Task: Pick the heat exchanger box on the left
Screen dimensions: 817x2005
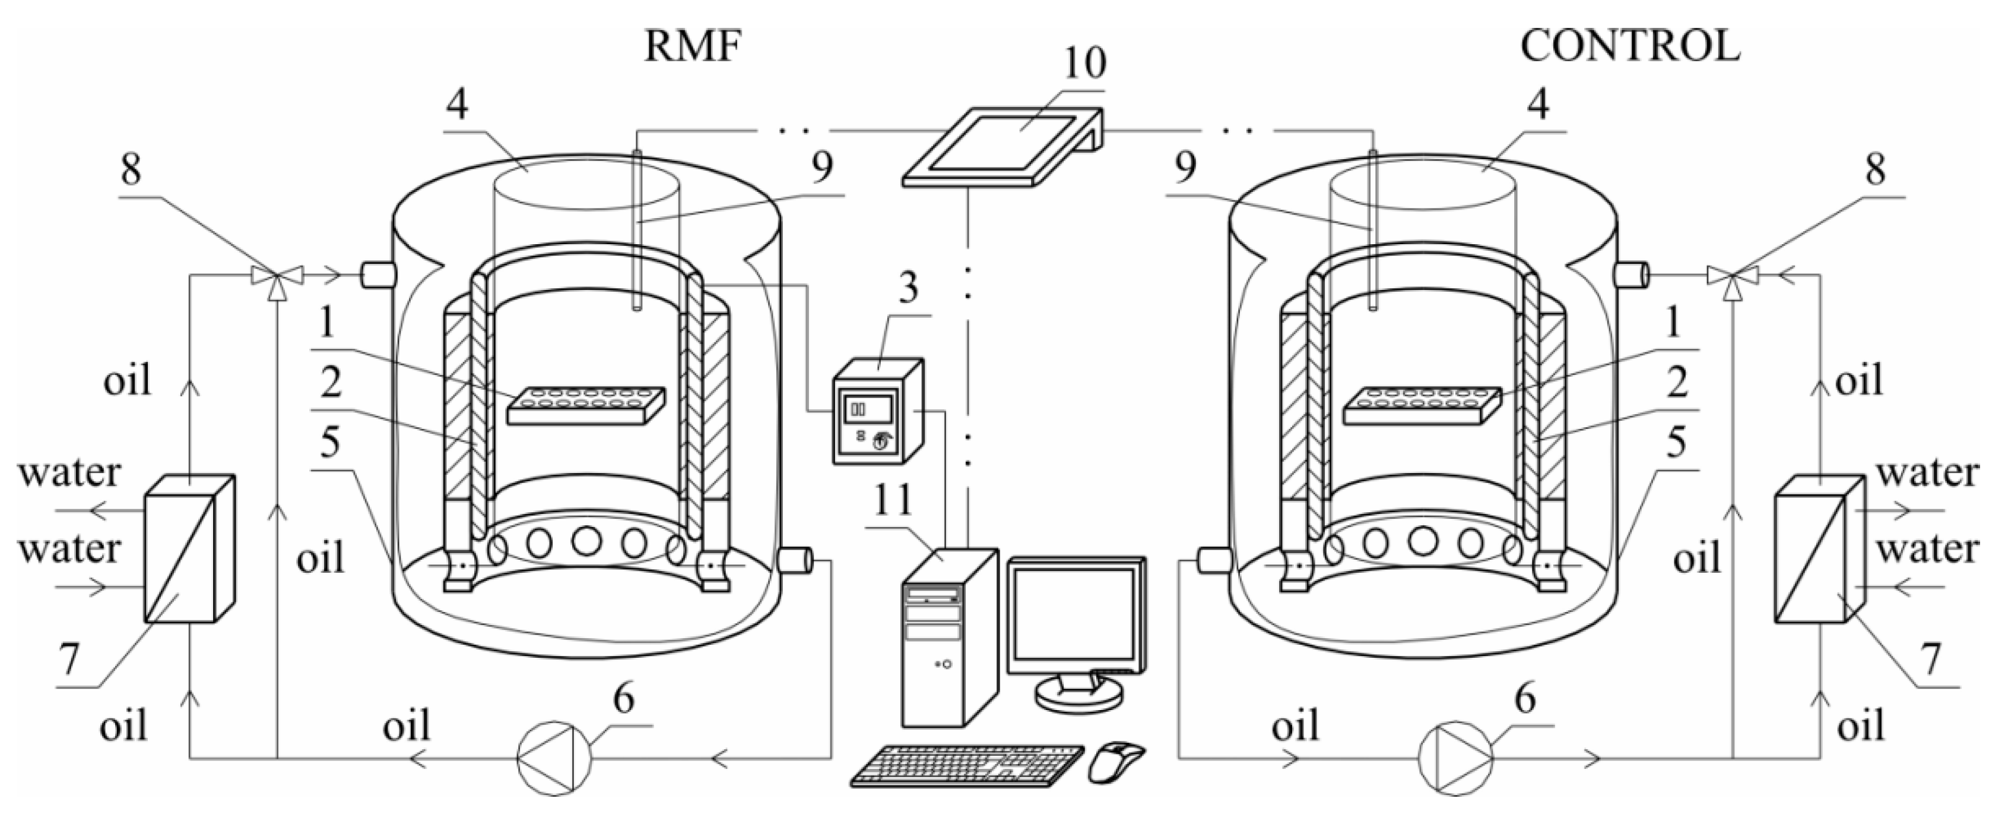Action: tap(189, 548)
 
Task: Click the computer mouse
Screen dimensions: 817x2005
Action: tap(1116, 761)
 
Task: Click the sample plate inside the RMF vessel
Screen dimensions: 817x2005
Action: tap(586, 405)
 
